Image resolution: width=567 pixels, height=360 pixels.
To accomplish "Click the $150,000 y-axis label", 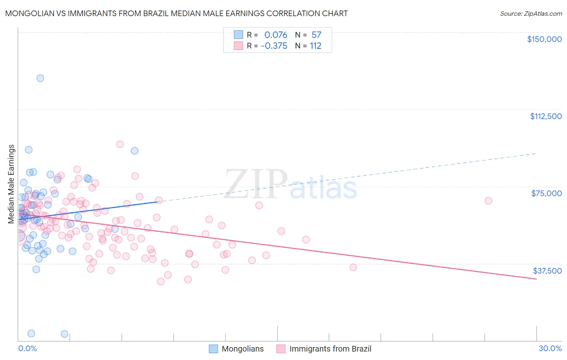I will point(544,39).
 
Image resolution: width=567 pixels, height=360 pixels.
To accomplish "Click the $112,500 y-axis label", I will point(546,116).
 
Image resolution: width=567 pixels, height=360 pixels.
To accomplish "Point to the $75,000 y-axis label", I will point(546,193).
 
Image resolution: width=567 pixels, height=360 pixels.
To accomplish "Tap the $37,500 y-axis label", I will point(547,271).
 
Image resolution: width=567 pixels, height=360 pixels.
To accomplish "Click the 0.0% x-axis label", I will point(27,348).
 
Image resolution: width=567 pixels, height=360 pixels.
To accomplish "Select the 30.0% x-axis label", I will point(550,348).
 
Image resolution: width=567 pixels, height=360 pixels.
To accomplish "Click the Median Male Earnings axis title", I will point(11,184).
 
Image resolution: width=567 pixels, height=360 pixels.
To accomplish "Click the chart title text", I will point(176,13).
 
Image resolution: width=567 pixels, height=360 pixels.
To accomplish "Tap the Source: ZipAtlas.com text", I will point(531,13).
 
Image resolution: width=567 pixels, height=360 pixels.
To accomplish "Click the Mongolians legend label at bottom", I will point(242,349).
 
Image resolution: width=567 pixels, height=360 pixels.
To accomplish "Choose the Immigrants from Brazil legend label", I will point(330,349).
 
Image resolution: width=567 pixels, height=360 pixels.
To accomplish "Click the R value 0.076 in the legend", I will point(276,35).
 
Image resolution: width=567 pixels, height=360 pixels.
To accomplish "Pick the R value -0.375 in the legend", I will point(274,46).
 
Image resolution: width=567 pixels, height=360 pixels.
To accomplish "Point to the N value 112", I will point(315,46).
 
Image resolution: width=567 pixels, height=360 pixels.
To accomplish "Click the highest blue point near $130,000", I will point(40,78).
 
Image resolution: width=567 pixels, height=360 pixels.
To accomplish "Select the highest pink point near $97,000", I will point(120,144).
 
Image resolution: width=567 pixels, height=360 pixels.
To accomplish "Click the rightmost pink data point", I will point(488,201).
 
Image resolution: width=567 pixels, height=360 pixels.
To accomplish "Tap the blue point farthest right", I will point(135,151).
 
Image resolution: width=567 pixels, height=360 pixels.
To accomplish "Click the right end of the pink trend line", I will point(536,279).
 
